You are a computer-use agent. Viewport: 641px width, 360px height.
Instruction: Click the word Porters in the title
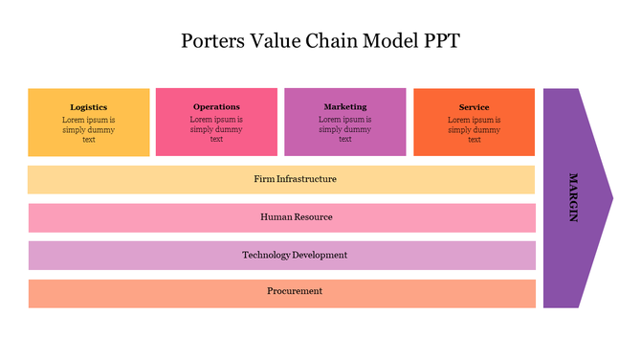point(211,41)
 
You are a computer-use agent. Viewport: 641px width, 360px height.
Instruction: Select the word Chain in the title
point(334,41)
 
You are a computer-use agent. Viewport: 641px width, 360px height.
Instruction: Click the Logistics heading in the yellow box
point(89,107)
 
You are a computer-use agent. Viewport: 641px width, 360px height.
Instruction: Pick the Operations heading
point(216,106)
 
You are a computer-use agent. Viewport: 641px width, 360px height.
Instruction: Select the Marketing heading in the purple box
point(345,106)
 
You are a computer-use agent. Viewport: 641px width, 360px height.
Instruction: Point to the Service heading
point(474,107)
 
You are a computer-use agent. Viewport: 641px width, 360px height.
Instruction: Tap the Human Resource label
point(297,217)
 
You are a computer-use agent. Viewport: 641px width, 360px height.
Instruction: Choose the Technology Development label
point(295,256)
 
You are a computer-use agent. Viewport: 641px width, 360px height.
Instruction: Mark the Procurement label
point(295,291)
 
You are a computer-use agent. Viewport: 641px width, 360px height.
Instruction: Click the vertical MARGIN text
point(573,197)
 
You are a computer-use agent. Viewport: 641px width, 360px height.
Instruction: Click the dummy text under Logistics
point(89,129)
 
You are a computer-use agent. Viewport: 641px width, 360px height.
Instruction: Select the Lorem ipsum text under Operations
point(216,129)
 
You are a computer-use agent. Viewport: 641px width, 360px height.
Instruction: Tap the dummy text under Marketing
point(345,129)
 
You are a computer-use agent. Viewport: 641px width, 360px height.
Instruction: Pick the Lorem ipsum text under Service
point(474,129)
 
